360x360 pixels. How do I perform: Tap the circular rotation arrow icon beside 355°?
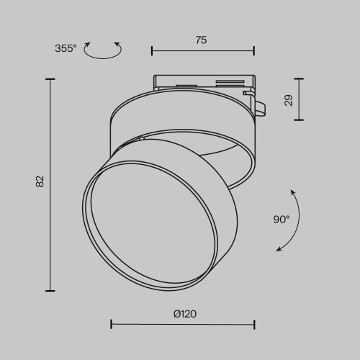pos(103,50)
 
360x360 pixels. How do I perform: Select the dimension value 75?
pos(201,40)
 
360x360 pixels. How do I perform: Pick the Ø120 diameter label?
pos(185,313)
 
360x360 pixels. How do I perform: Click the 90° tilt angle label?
pos(282,219)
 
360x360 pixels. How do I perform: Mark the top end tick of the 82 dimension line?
pos(50,79)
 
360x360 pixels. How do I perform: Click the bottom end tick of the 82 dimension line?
pos(50,290)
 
